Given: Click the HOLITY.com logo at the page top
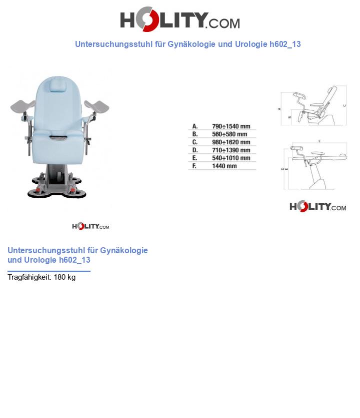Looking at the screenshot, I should tap(179, 20).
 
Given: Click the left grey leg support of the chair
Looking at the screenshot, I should tap(22, 105).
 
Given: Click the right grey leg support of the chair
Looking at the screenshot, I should tap(97, 106).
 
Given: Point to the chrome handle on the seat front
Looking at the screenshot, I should tap(59, 136).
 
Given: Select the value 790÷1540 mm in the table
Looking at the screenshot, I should tap(231, 126).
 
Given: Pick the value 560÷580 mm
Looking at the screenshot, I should tap(229, 134).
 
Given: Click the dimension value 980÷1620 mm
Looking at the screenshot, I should tap(231, 142).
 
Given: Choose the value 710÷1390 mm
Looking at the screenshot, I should tap(231, 150).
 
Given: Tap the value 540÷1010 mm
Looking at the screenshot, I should tap(231, 158).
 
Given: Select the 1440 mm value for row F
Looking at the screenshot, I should tap(224, 166).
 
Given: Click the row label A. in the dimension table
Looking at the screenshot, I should tap(195, 126).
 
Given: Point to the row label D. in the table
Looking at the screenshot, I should tap(195, 150).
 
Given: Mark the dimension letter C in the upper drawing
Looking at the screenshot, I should tap(345, 105).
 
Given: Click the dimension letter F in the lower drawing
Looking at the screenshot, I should tap(319, 142).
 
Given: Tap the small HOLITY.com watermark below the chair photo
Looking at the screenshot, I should tap(90, 226).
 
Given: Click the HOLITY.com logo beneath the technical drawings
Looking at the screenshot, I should tap(317, 206).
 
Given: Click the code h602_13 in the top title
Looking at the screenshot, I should tap(285, 44).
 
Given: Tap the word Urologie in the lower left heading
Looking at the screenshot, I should tap(40, 260).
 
